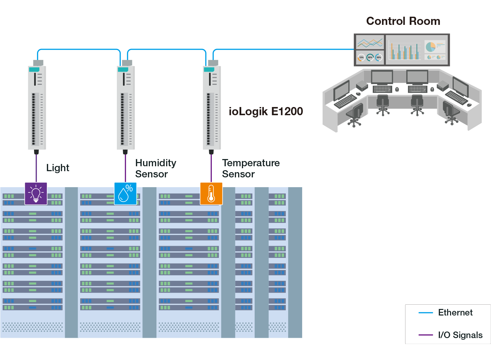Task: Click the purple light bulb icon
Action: [36, 193]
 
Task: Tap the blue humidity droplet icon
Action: [125, 193]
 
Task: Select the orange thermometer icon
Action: [211, 193]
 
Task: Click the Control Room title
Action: [403, 21]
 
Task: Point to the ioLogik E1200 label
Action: [266, 111]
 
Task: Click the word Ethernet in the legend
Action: [455, 313]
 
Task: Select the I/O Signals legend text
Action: [460, 335]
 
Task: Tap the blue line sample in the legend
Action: [426, 313]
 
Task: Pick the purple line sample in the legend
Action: [426, 335]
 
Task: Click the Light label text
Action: [58, 168]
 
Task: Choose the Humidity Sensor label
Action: [155, 168]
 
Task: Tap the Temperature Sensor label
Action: [251, 168]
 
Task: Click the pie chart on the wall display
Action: [430, 47]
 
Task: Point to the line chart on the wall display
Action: [370, 43]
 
